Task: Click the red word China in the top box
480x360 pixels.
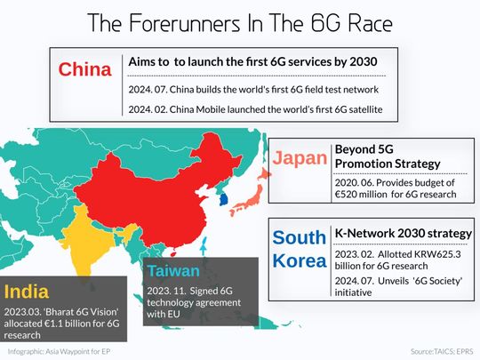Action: (x=84, y=71)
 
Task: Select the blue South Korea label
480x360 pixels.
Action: (x=299, y=252)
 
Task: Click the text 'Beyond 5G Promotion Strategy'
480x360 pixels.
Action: (x=386, y=156)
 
